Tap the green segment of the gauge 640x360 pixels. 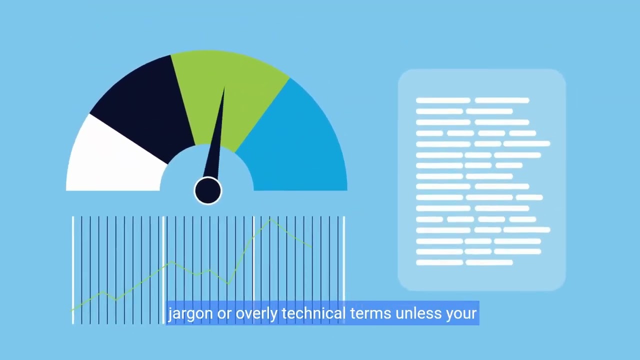click(230, 90)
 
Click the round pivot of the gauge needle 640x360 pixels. click(207, 190)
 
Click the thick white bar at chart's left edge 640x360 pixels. click(73, 270)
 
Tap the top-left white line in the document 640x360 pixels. click(442, 100)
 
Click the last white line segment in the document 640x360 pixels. click(488, 262)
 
